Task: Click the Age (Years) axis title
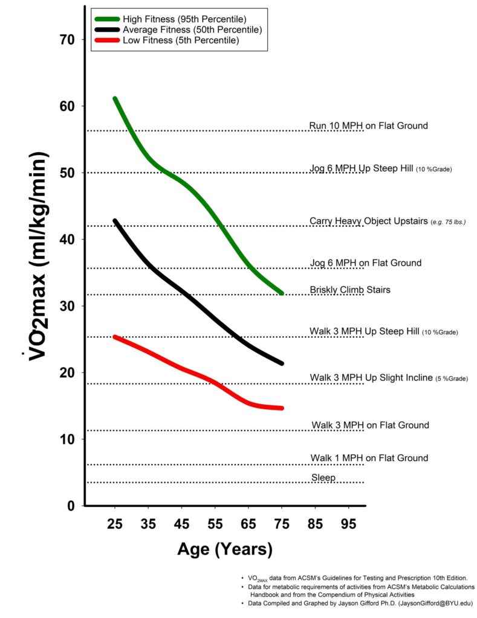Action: point(224,549)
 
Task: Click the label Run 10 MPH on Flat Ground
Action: point(368,126)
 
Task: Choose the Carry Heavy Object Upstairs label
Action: point(368,221)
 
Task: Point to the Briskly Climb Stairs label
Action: point(350,290)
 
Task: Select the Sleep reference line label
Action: point(323,478)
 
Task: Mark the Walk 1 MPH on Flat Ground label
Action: point(369,458)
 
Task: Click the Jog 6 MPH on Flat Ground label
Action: point(365,263)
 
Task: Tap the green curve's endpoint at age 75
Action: point(281,293)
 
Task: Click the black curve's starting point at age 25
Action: point(115,221)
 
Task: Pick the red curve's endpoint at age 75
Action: point(281,409)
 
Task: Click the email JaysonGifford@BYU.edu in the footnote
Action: point(433,602)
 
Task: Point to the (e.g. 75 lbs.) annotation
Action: point(447,222)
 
